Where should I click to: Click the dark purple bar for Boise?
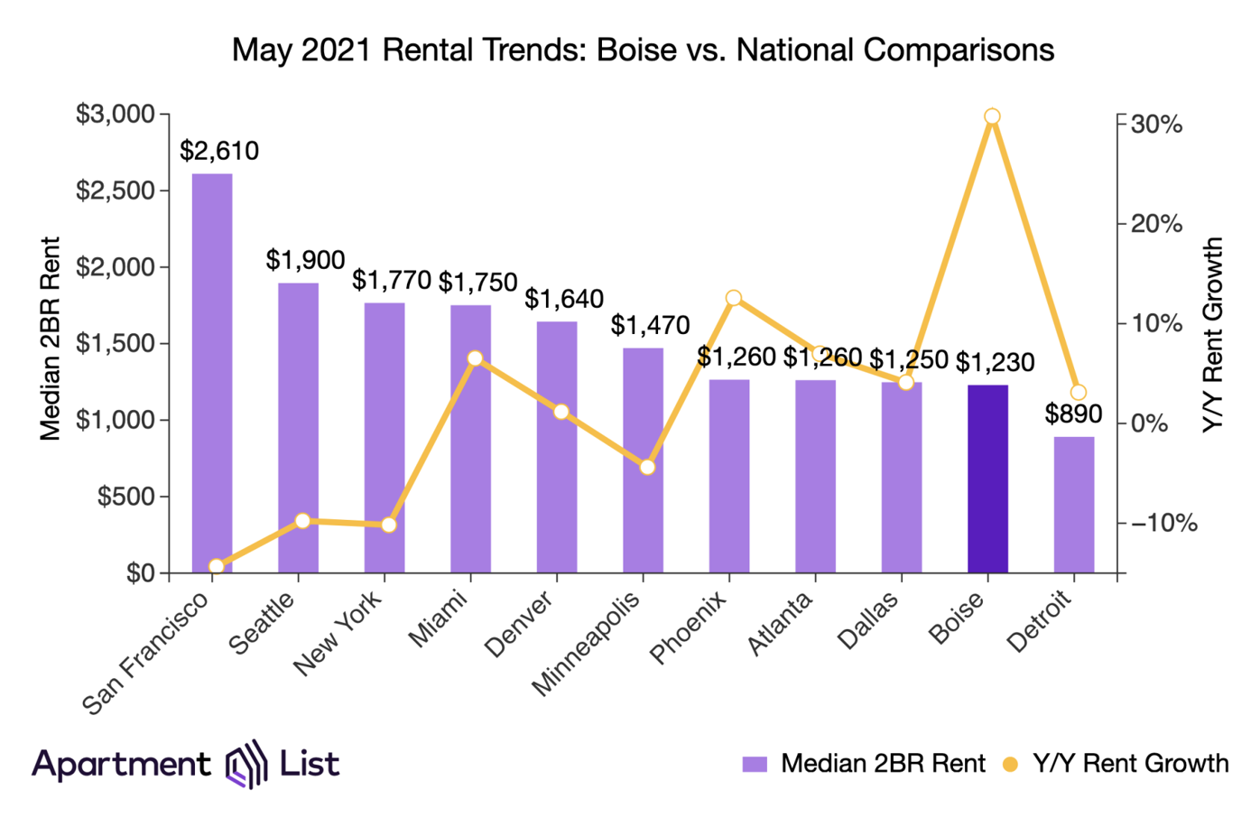(987, 479)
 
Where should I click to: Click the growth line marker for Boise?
(992, 116)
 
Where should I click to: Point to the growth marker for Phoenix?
(734, 298)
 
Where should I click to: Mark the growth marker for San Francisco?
(217, 566)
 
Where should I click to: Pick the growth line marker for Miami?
(475, 358)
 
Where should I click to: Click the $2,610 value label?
(219, 151)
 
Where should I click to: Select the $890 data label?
(1074, 413)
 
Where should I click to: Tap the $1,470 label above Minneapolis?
(650, 325)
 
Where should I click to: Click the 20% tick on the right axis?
(1156, 224)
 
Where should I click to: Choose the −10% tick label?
(1164, 524)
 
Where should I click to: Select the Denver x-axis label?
(520, 625)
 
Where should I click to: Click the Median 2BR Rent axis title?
(51, 339)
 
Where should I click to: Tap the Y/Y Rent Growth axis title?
(1215, 335)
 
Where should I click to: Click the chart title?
(643, 49)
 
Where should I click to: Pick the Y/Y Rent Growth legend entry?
(1117, 764)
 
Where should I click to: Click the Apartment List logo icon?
(246, 764)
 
